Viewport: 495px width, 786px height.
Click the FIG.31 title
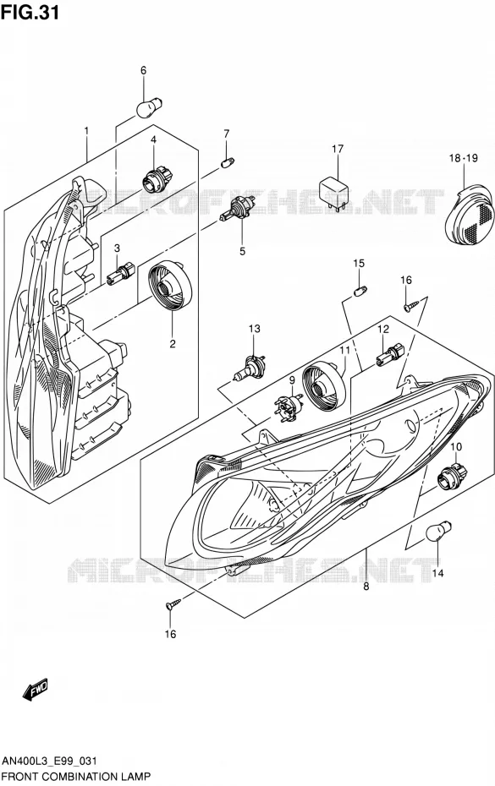pos(30,12)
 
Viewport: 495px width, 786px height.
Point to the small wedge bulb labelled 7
pos(228,163)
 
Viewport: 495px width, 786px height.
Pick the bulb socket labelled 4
pos(157,178)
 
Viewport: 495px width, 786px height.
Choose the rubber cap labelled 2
pos(170,286)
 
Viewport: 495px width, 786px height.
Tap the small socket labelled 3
pos(122,273)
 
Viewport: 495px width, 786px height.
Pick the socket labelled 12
pos(390,353)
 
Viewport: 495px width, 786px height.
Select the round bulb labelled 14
pos(438,531)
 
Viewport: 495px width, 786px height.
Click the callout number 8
pos(366,586)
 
